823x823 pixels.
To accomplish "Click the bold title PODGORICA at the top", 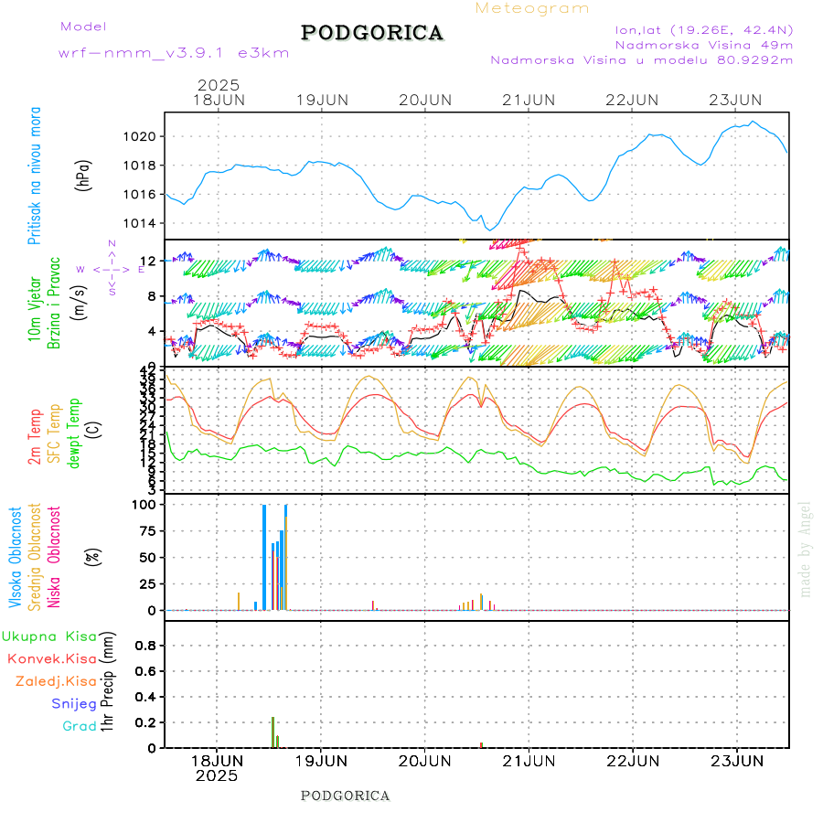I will [x=372, y=33].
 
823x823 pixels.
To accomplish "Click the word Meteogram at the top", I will [x=532, y=8].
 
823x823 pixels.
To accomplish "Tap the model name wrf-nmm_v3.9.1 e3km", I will [x=174, y=53].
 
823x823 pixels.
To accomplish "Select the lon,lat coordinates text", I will [x=704, y=29].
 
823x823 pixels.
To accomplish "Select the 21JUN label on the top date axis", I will [x=529, y=99].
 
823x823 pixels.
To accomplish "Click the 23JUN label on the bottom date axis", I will [x=737, y=760].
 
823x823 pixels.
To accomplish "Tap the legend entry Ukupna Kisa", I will [x=49, y=636].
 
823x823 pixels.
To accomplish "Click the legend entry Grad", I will [x=80, y=726].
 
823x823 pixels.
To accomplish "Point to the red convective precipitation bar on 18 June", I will [x=273, y=732].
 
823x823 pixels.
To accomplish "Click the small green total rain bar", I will [x=277, y=742].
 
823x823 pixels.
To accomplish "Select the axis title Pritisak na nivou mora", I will [x=35, y=187].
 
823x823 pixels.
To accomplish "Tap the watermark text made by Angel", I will [x=806, y=549].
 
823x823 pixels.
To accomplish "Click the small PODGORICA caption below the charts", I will [x=346, y=796].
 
